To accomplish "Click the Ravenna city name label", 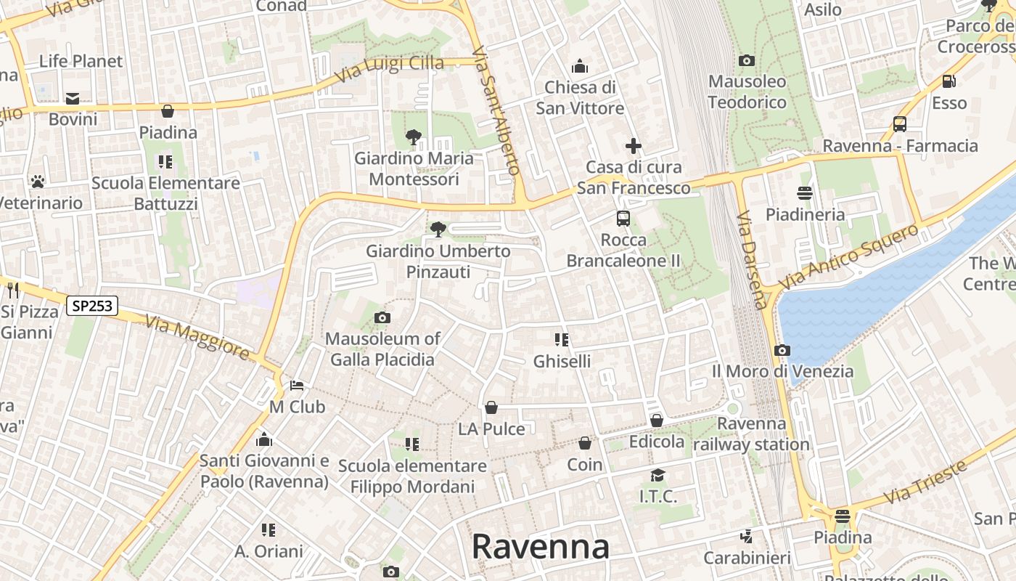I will click(540, 546).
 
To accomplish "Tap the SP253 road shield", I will click(92, 306).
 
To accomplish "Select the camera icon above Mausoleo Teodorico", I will click(746, 60).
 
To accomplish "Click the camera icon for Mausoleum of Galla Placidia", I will click(382, 317).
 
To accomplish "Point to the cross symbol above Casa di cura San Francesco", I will click(634, 146).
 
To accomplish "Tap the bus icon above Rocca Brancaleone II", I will click(623, 218).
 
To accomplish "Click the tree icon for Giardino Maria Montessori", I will click(413, 137).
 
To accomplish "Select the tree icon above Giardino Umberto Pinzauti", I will click(438, 229).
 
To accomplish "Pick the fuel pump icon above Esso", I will click(949, 81).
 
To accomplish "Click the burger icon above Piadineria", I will click(804, 193).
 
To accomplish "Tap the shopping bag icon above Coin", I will click(584, 443).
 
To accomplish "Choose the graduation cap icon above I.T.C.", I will click(657, 475).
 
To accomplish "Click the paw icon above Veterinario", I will click(37, 181).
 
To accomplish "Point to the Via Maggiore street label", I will click(197, 336).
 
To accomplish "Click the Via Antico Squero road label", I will click(848, 257).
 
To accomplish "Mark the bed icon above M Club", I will click(296, 385).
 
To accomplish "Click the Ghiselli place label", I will click(562, 361).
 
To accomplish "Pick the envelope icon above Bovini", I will click(73, 98).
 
